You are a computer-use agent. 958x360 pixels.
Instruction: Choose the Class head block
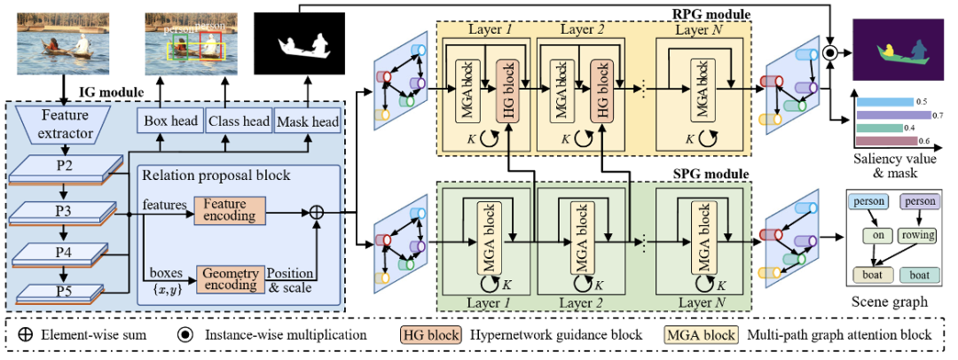(x=237, y=121)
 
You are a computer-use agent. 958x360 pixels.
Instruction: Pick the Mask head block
(x=305, y=121)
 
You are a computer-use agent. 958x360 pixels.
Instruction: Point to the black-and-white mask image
(x=297, y=43)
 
